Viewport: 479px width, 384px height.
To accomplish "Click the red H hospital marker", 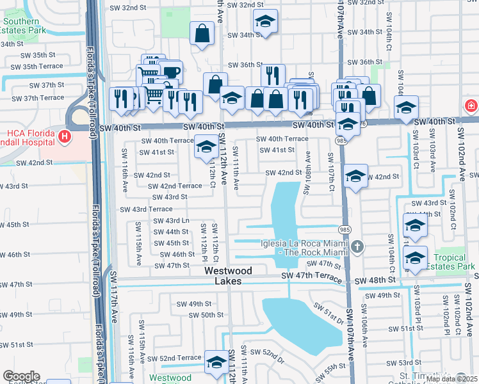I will [64, 136].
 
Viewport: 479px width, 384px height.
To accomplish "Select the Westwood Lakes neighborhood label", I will [228, 276].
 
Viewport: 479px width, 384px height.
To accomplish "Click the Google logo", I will [21, 376].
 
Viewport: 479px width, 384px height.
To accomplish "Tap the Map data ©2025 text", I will [451, 379].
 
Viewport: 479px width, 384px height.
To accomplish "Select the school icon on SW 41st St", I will [206, 147].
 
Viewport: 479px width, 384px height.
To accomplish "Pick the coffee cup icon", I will [171, 72].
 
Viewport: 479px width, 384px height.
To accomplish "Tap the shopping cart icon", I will [154, 95].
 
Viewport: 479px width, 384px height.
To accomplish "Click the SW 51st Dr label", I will [330, 316].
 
